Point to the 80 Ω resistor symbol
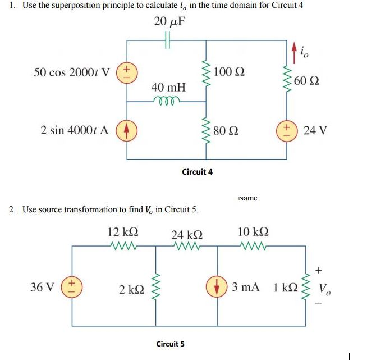pyautogui.click(x=205, y=132)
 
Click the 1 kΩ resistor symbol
pyautogui.click(x=307, y=288)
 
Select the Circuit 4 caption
pyautogui.click(x=197, y=171)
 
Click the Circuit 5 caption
pyautogui.click(x=169, y=344)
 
